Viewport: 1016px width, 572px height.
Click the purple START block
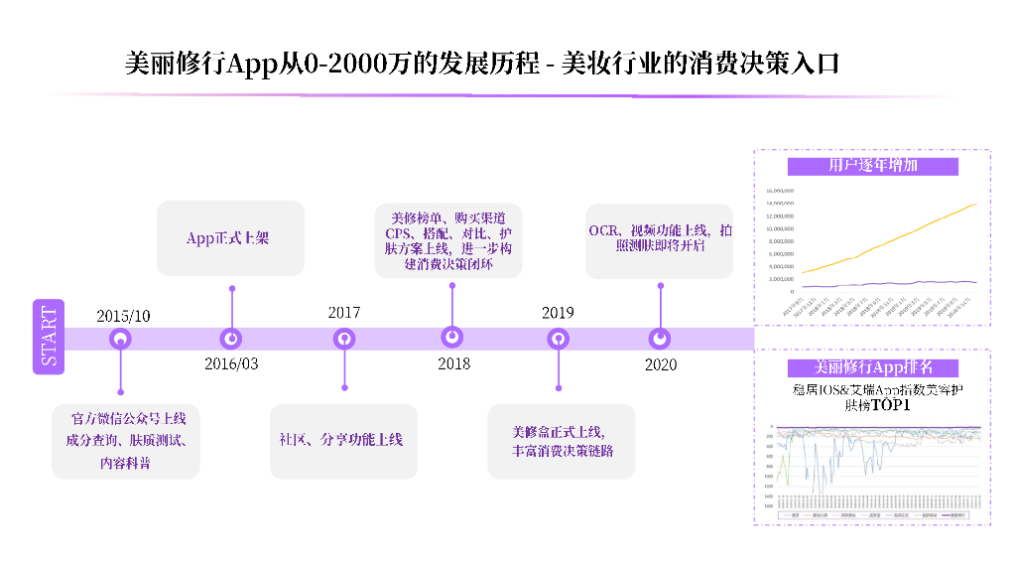coord(49,336)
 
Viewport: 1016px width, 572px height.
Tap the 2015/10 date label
coord(123,316)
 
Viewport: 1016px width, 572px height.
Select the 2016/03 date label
coord(231,363)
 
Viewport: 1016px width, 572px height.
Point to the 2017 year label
coord(344,313)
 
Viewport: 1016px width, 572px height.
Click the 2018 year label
coord(453,363)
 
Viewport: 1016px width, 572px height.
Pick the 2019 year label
coord(558,313)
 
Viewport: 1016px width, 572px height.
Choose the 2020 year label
coord(661,364)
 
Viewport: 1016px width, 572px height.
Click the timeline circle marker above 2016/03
coord(231,339)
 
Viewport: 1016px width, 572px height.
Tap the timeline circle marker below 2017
coord(344,339)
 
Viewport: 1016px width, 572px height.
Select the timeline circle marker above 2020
coord(660,339)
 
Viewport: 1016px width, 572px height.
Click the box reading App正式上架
coord(230,238)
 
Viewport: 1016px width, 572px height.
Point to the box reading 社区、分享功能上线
coord(343,440)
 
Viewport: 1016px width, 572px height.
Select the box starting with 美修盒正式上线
coord(562,441)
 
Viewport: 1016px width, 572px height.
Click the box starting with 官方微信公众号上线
coord(126,440)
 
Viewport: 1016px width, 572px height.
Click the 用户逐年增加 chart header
coord(872,166)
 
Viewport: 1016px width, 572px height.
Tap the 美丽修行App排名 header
coord(872,367)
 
